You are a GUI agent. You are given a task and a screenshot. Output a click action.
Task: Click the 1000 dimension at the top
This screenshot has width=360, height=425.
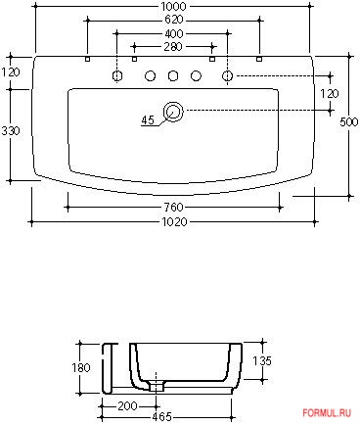pos(173,6)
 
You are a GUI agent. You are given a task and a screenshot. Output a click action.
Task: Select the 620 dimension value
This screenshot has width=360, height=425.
pos(173,20)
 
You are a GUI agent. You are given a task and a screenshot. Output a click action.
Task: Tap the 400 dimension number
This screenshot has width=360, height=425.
pos(174,33)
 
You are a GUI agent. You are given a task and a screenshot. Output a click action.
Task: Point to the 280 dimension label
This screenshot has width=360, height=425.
pos(173,47)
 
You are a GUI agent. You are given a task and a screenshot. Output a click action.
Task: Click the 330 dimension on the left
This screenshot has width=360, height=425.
pos(11,131)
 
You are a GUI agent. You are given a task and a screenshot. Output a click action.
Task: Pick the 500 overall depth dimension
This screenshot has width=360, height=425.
pos(349,122)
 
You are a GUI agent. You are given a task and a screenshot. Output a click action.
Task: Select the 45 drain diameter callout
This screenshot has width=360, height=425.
pos(148,120)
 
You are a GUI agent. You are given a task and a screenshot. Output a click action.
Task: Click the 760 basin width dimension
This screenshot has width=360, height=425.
pos(173,208)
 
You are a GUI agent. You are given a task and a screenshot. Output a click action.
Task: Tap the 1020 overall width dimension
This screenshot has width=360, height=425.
pos(174,222)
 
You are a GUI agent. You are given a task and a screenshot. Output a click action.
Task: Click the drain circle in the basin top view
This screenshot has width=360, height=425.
pos(173,112)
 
